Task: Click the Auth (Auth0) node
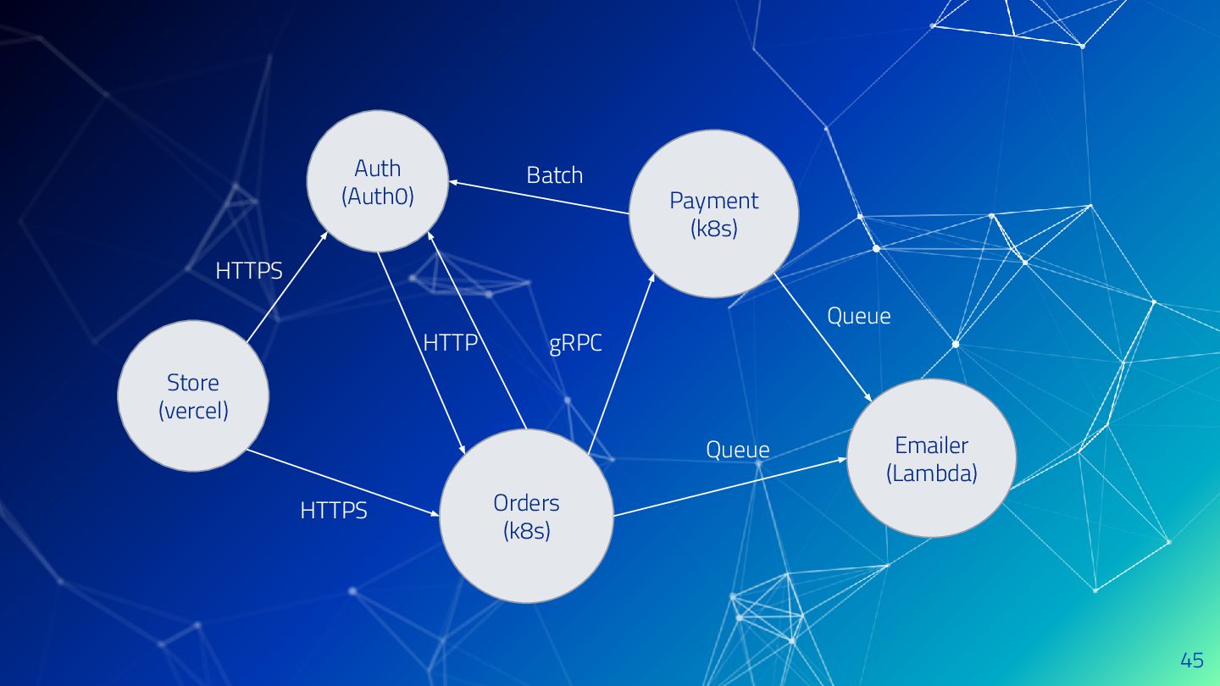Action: point(377,181)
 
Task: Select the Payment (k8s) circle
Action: point(713,213)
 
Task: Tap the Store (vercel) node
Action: point(193,396)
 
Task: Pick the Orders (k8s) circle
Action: point(526,516)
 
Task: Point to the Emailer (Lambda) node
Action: point(931,457)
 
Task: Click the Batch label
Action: point(554,175)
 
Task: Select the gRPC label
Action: point(575,344)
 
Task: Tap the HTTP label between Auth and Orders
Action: point(451,343)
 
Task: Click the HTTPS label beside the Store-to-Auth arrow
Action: point(249,270)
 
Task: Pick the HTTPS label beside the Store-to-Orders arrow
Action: point(334,511)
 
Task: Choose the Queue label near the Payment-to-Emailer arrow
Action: point(858,316)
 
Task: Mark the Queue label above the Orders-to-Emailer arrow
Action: point(738,450)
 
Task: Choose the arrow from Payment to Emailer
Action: point(823,337)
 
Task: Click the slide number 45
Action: point(1191,660)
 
